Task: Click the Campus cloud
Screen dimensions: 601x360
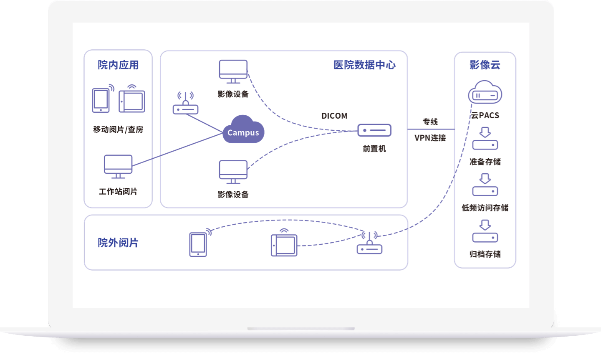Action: point(243,129)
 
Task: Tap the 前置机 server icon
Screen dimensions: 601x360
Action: point(374,130)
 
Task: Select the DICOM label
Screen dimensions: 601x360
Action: point(334,116)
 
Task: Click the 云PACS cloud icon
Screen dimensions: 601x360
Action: point(485,92)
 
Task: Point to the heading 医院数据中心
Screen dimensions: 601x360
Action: point(364,65)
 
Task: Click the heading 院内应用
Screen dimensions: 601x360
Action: point(118,65)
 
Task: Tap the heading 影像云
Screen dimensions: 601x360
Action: point(485,65)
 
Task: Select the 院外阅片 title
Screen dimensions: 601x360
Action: point(118,243)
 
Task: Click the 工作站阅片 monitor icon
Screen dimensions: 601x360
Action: point(118,167)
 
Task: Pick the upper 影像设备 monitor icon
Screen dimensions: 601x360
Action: point(233,72)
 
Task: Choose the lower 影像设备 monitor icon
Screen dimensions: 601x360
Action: point(233,172)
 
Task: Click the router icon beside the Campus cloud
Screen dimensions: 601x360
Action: point(185,103)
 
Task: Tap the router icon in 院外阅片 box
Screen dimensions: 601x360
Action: point(369,243)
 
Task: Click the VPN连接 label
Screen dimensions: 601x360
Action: point(430,138)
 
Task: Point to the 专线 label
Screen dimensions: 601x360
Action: point(430,122)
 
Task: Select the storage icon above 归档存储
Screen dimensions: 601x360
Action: point(485,238)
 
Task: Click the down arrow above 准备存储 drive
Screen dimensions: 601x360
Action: point(485,132)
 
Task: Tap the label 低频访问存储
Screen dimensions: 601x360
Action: point(485,208)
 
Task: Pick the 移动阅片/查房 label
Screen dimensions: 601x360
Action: point(118,129)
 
